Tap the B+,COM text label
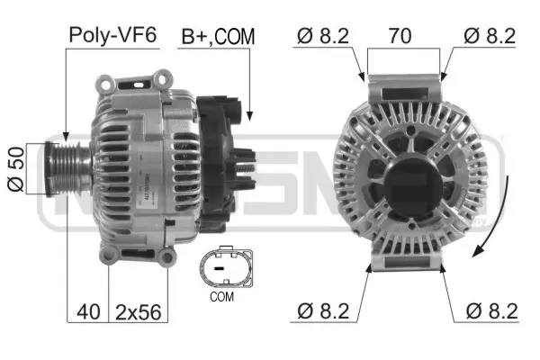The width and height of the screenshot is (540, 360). coord(219,37)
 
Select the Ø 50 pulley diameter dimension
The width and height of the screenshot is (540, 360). coord(14,167)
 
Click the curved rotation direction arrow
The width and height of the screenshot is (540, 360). coord(501,216)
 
